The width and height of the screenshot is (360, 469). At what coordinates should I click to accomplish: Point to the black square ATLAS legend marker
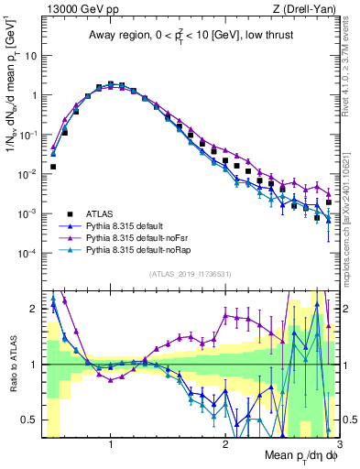click(x=68, y=213)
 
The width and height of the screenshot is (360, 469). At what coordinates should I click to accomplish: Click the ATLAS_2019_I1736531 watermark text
click(x=188, y=274)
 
